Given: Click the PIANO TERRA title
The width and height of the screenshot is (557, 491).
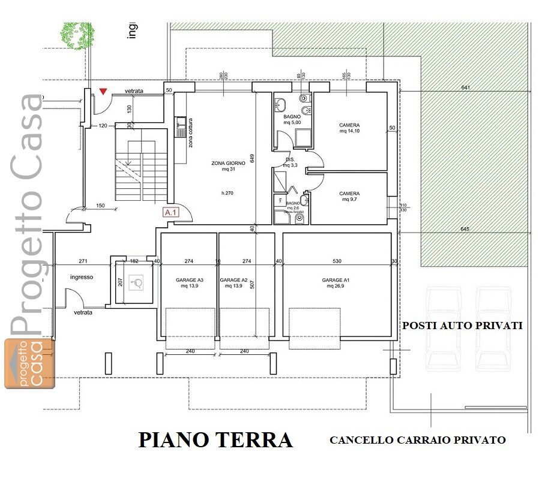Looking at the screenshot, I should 215,440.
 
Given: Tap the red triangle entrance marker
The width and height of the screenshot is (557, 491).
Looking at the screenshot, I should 103,91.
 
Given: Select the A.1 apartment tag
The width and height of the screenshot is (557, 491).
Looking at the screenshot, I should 171,212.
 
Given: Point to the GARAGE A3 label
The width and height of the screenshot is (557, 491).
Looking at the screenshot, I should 189,283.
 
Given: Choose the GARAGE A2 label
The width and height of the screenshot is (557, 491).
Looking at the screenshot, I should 233,283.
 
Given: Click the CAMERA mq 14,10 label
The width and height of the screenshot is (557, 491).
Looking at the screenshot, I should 349,128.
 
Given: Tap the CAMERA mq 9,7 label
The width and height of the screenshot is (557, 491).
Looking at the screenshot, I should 349,197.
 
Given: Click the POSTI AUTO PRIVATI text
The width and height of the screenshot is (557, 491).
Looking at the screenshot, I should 462,326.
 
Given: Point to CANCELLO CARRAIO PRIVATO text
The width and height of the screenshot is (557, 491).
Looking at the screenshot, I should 417,440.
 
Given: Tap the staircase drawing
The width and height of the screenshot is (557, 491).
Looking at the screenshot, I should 142,165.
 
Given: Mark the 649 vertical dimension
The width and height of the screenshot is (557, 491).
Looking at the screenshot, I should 253,158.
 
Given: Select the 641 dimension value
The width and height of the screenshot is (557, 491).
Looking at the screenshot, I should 465,88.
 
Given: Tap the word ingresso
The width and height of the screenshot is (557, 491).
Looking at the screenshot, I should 82,277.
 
